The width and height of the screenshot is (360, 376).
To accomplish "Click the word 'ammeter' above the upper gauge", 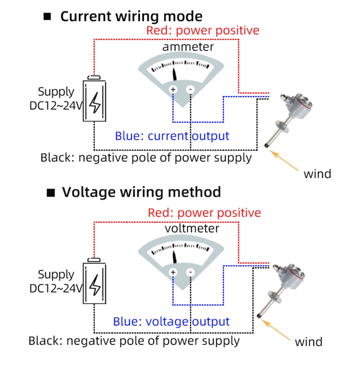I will (188, 47).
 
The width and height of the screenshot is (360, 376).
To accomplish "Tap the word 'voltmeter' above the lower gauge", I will (192, 228).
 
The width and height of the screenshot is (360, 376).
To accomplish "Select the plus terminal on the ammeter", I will (173, 89).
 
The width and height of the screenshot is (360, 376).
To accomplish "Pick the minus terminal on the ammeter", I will (190, 89).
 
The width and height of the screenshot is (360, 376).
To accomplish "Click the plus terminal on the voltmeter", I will (173, 272).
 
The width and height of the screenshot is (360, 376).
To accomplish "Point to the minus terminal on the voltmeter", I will (190, 272).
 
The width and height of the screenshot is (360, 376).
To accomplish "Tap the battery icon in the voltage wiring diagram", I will (95, 282).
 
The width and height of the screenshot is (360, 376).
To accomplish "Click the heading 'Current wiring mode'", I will (131, 16).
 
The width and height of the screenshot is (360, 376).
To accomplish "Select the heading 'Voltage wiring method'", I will (141, 192).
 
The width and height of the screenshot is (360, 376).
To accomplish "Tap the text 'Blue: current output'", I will (172, 136).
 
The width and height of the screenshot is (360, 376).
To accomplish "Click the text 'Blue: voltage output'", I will (171, 322).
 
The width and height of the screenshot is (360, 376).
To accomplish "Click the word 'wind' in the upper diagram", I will (317, 174).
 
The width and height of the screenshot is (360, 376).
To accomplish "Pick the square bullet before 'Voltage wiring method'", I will (51, 193).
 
